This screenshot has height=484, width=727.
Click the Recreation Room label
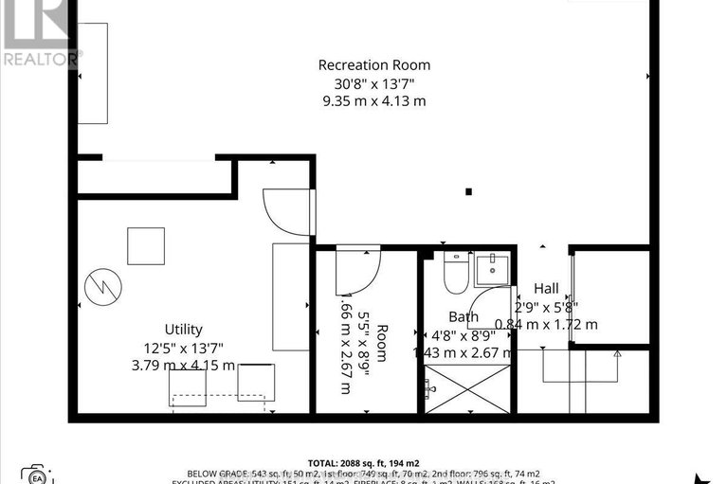pyautogui.click(x=373, y=65)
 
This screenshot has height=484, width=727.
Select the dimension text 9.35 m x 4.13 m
pyautogui.click(x=373, y=101)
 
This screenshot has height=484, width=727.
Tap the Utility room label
pyautogui.click(x=183, y=330)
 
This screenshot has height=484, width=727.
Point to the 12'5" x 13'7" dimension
pyautogui.click(x=183, y=348)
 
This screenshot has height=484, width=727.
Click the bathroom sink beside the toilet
pyautogui.click(x=492, y=269)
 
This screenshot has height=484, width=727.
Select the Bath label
pyautogui.click(x=463, y=317)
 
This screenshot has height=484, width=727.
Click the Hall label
pyautogui.click(x=546, y=289)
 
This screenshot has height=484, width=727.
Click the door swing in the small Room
pyautogui.click(x=358, y=271)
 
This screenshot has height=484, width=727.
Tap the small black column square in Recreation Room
pyautogui.click(x=469, y=192)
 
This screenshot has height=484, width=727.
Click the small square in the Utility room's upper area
pyautogui.click(x=146, y=246)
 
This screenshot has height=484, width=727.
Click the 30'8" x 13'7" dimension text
pyautogui.click(x=373, y=83)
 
